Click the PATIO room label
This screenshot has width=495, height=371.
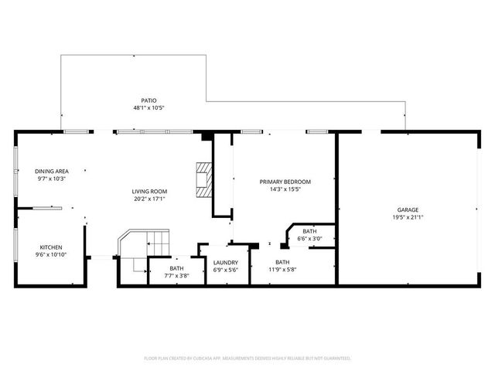pyautogui.click(x=148, y=100)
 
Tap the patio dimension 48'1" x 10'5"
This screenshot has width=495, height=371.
pyautogui.click(x=148, y=108)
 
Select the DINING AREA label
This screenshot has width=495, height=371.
pyautogui.click(x=52, y=171)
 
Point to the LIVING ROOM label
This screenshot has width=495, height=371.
pyautogui.click(x=148, y=191)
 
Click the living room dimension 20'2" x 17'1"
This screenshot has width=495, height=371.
pyautogui.click(x=148, y=199)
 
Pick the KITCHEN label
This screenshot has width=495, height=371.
pyautogui.click(x=51, y=247)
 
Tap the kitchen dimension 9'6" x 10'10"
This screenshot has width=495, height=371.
pyautogui.click(x=51, y=255)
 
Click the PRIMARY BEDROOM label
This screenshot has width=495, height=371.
pyautogui.click(x=285, y=182)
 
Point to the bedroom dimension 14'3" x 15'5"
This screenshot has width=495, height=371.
pyautogui.click(x=285, y=189)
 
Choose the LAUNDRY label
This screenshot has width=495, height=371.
pyautogui.click(x=225, y=263)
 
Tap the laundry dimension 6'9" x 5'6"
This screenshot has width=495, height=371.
pyautogui.click(x=225, y=271)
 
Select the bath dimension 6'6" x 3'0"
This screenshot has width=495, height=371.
pyautogui.click(x=309, y=239)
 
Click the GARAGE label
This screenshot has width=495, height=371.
pyautogui.click(x=408, y=209)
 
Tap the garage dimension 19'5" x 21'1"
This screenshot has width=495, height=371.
pyautogui.click(x=408, y=217)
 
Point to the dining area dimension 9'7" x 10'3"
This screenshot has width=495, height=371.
pyautogui.click(x=52, y=179)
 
